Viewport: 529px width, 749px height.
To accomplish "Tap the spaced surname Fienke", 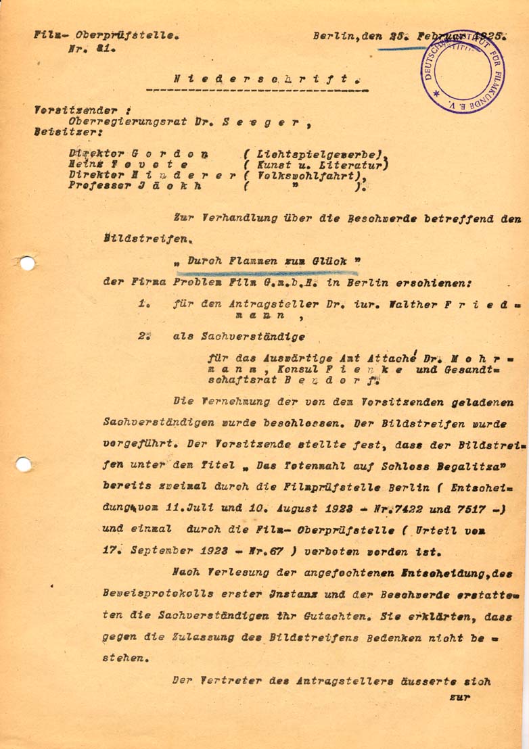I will pyautogui.click(x=369, y=370).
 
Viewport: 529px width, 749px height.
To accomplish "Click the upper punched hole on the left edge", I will pyautogui.click(x=25, y=263).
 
